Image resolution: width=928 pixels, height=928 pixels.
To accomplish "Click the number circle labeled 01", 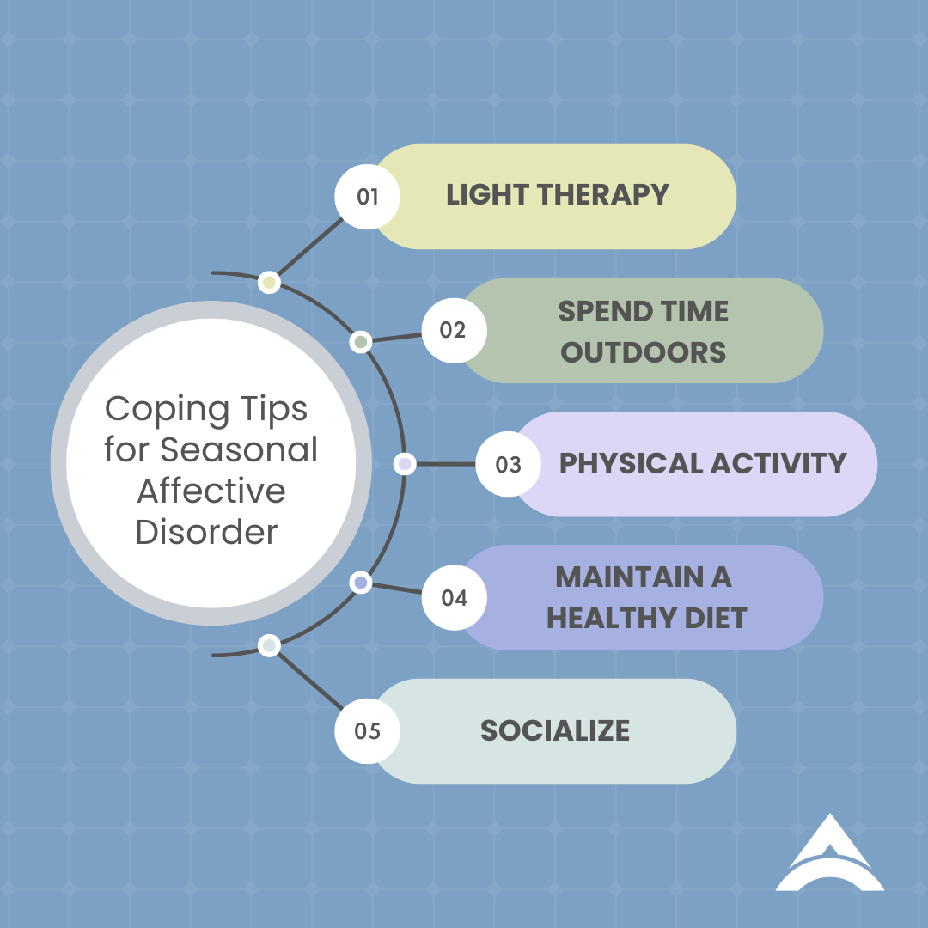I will pos(368,197).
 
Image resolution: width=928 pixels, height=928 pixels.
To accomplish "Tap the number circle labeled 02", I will pos(453,331).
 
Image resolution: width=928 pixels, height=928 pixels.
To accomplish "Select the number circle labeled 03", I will pos(508,464).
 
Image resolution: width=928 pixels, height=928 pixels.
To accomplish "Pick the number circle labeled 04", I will pos(454,597).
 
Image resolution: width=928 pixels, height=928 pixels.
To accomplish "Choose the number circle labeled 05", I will pos(368,731).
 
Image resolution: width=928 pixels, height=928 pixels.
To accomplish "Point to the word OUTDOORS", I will pos(644,352).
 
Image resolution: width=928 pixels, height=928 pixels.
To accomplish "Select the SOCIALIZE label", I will pos(555,731).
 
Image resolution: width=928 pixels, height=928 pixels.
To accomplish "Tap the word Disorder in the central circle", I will pos(207,532).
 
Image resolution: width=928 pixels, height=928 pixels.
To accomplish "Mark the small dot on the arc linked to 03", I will pos(405,464).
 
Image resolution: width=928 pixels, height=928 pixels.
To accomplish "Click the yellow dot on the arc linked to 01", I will pos(269,282).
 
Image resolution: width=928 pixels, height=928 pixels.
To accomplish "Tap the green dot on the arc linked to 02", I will pos(361,342).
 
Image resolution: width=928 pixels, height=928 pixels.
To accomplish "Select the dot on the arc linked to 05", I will pos(269,645).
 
